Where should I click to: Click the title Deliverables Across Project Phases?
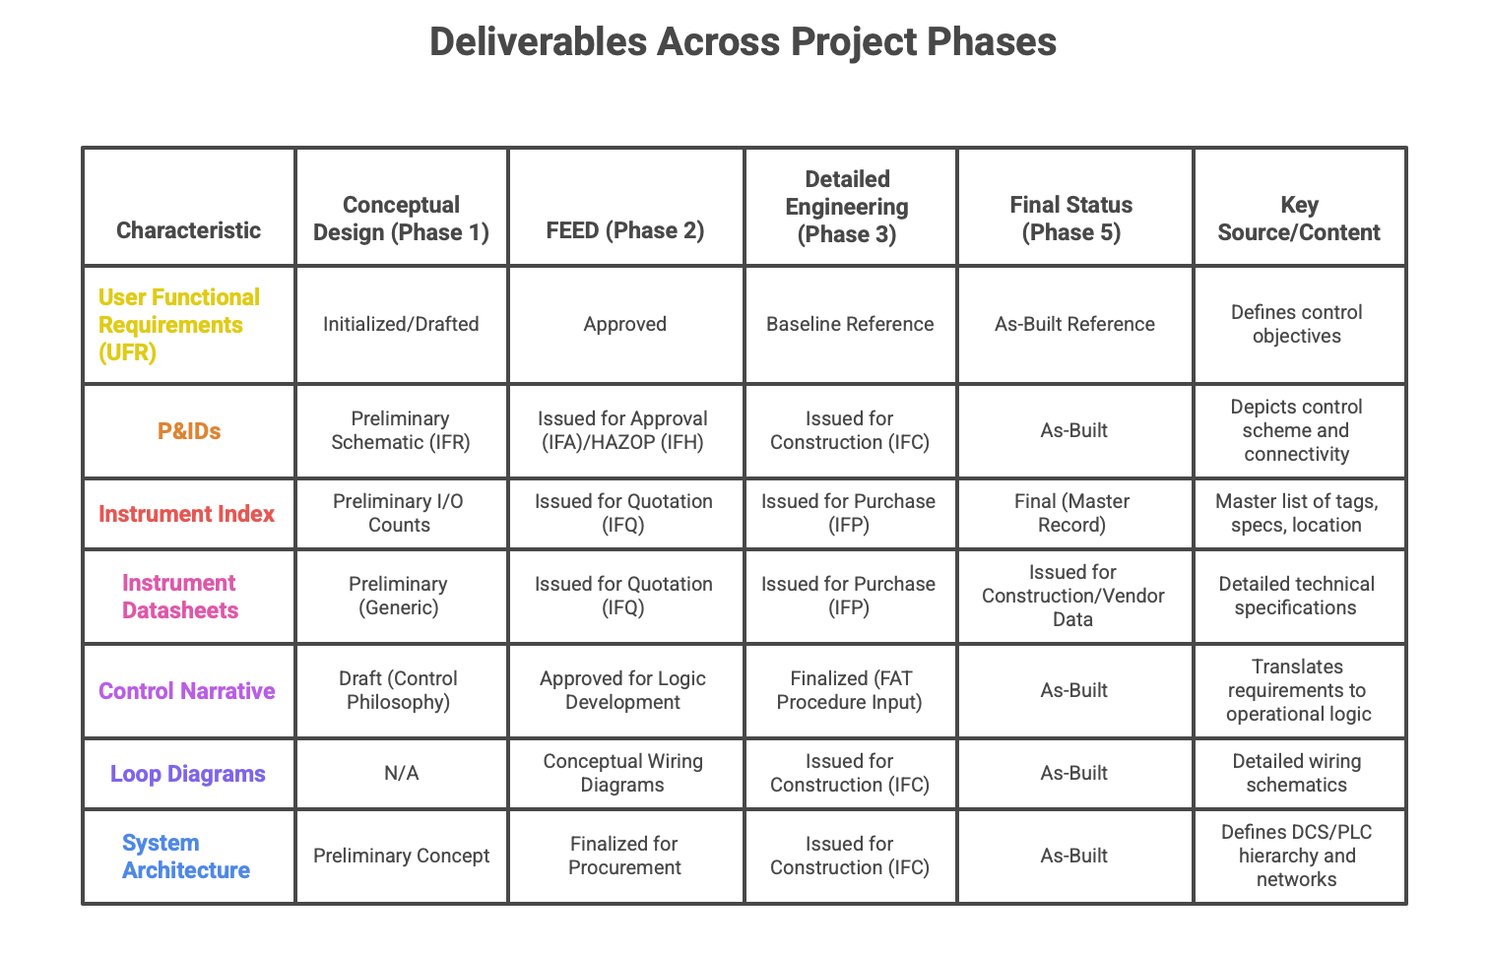[744, 42]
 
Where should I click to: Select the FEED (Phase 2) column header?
[625, 230]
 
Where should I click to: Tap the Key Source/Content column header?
[1299, 219]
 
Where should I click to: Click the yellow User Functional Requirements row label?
[179, 324]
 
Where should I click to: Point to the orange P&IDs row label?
[189, 431]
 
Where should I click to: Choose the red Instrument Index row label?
[186, 514]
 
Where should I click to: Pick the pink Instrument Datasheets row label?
[180, 597]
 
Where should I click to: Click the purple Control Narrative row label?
[187, 691]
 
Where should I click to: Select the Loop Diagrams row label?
[188, 774]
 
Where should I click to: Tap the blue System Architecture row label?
[185, 857]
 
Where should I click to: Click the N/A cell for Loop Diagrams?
[401, 774]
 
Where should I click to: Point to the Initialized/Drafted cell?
[401, 324]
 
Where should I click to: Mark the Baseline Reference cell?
[850, 324]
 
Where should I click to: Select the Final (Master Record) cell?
[1072, 513]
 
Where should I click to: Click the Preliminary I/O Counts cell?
[399, 513]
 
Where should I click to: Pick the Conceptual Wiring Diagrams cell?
[622, 773]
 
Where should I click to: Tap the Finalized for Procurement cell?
[624, 856]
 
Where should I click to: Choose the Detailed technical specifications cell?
[1296, 596]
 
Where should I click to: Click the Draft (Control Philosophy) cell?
[399, 690]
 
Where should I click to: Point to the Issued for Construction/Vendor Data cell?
[1073, 596]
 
